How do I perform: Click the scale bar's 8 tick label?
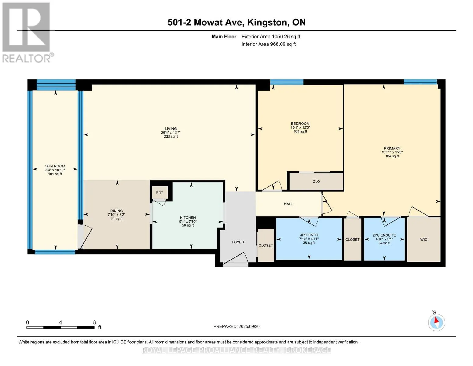94,322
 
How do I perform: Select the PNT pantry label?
160,192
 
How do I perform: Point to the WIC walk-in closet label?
424,239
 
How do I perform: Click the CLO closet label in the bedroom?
316,181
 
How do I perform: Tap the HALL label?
288,204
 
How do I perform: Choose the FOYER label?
238,242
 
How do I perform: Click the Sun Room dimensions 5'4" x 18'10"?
55,170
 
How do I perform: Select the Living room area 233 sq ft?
171,136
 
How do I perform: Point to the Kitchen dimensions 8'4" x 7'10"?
188,221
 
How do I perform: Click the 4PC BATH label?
309,235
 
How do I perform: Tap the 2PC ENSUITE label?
384,235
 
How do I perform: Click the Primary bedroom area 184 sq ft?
392,156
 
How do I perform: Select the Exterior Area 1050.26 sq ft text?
271,37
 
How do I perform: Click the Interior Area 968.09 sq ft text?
269,44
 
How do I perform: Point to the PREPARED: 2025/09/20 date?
236,326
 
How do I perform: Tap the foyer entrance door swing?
237,260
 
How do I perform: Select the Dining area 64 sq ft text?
116,219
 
